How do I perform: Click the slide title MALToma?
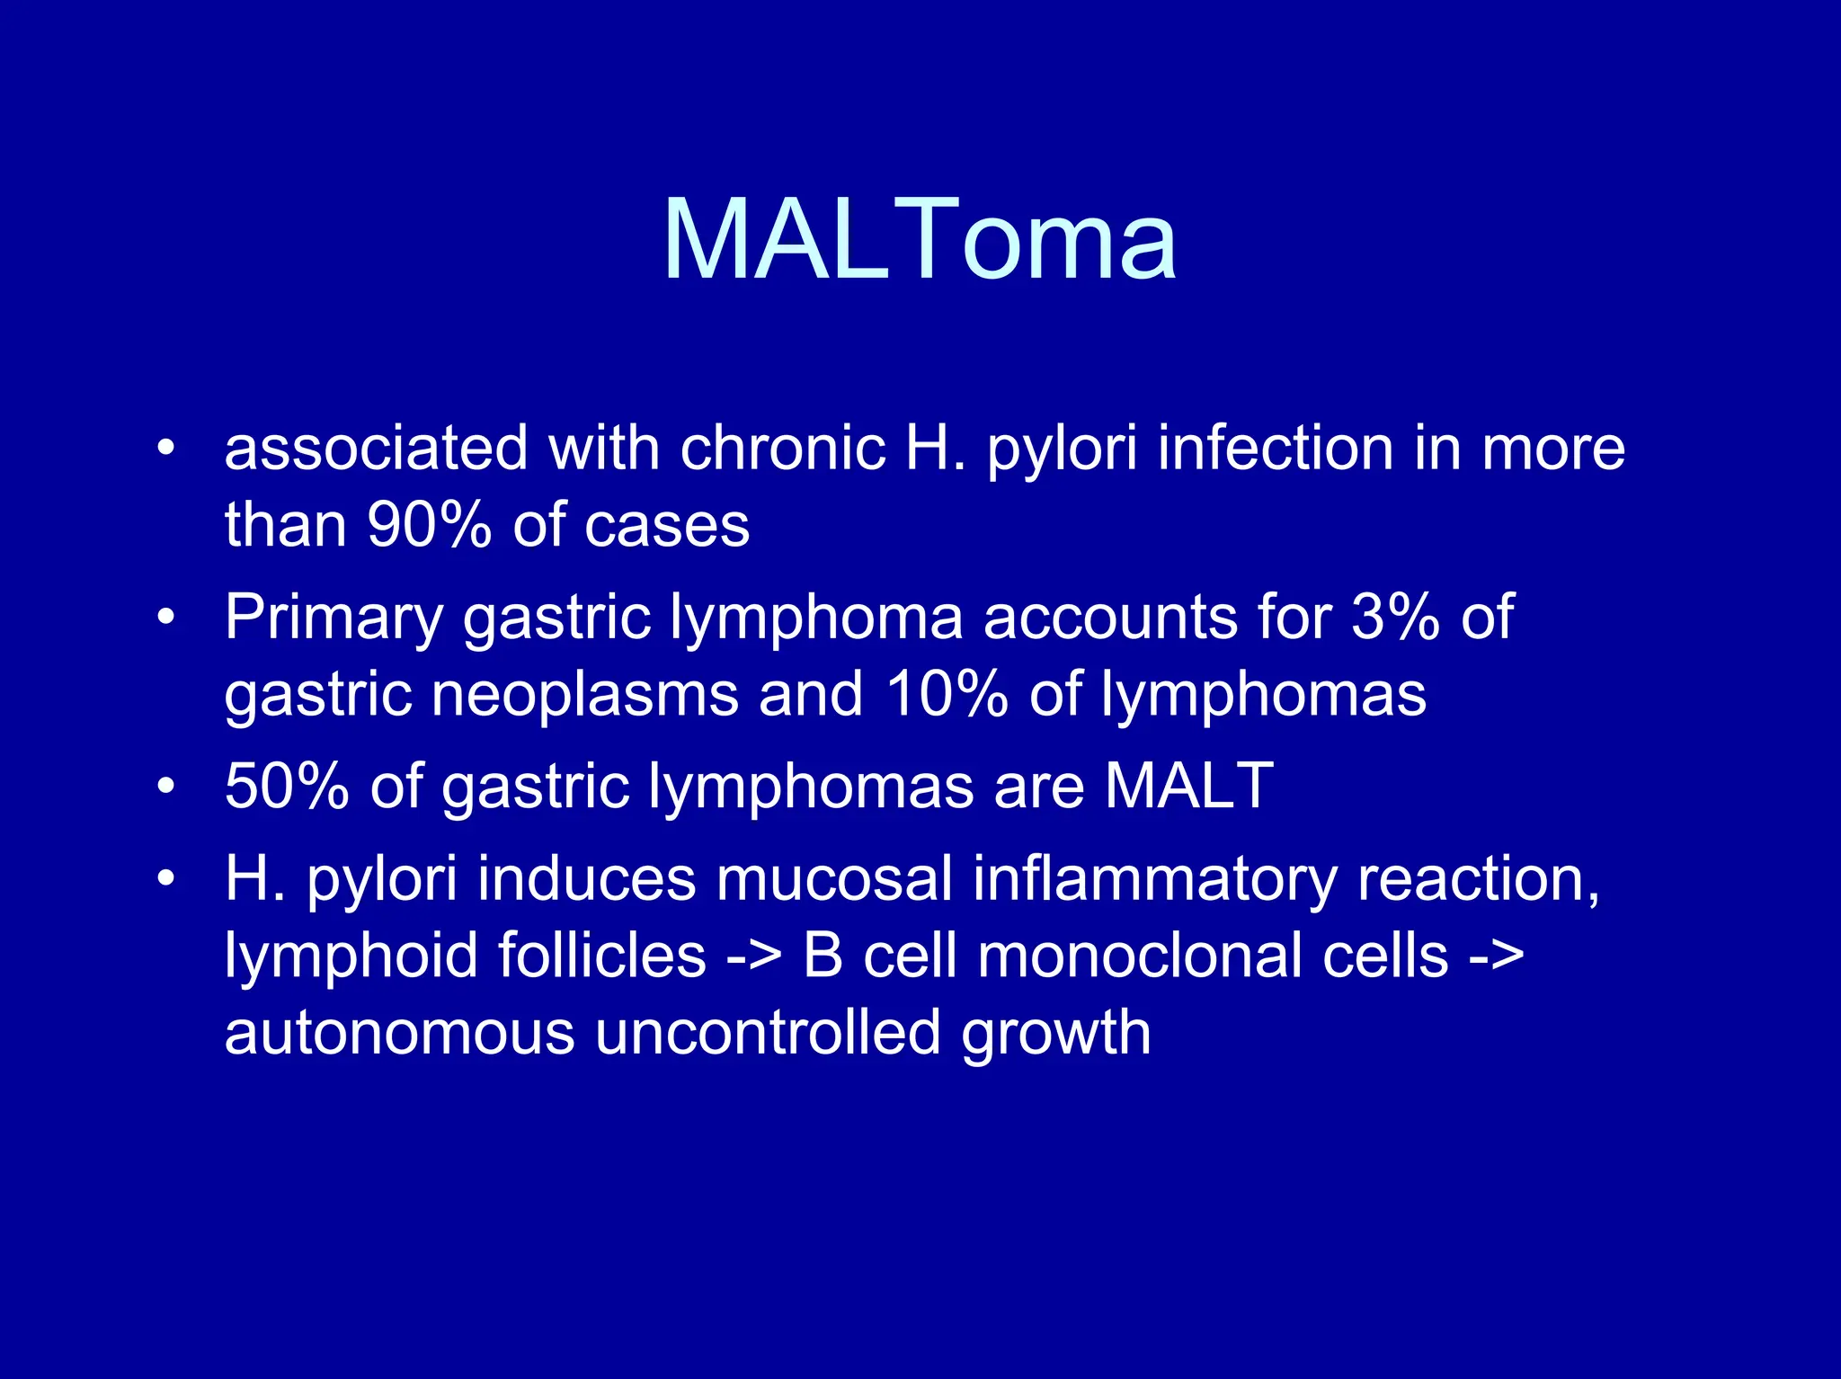click(x=919, y=240)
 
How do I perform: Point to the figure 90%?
click(x=430, y=525)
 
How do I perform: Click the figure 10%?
click(x=947, y=694)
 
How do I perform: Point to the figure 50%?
click(x=287, y=787)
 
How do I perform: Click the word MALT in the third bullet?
click(x=1189, y=786)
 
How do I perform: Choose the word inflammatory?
click(x=1155, y=880)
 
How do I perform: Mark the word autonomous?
click(x=399, y=1033)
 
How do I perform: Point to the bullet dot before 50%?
click(x=165, y=787)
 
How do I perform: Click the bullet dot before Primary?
click(x=165, y=618)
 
